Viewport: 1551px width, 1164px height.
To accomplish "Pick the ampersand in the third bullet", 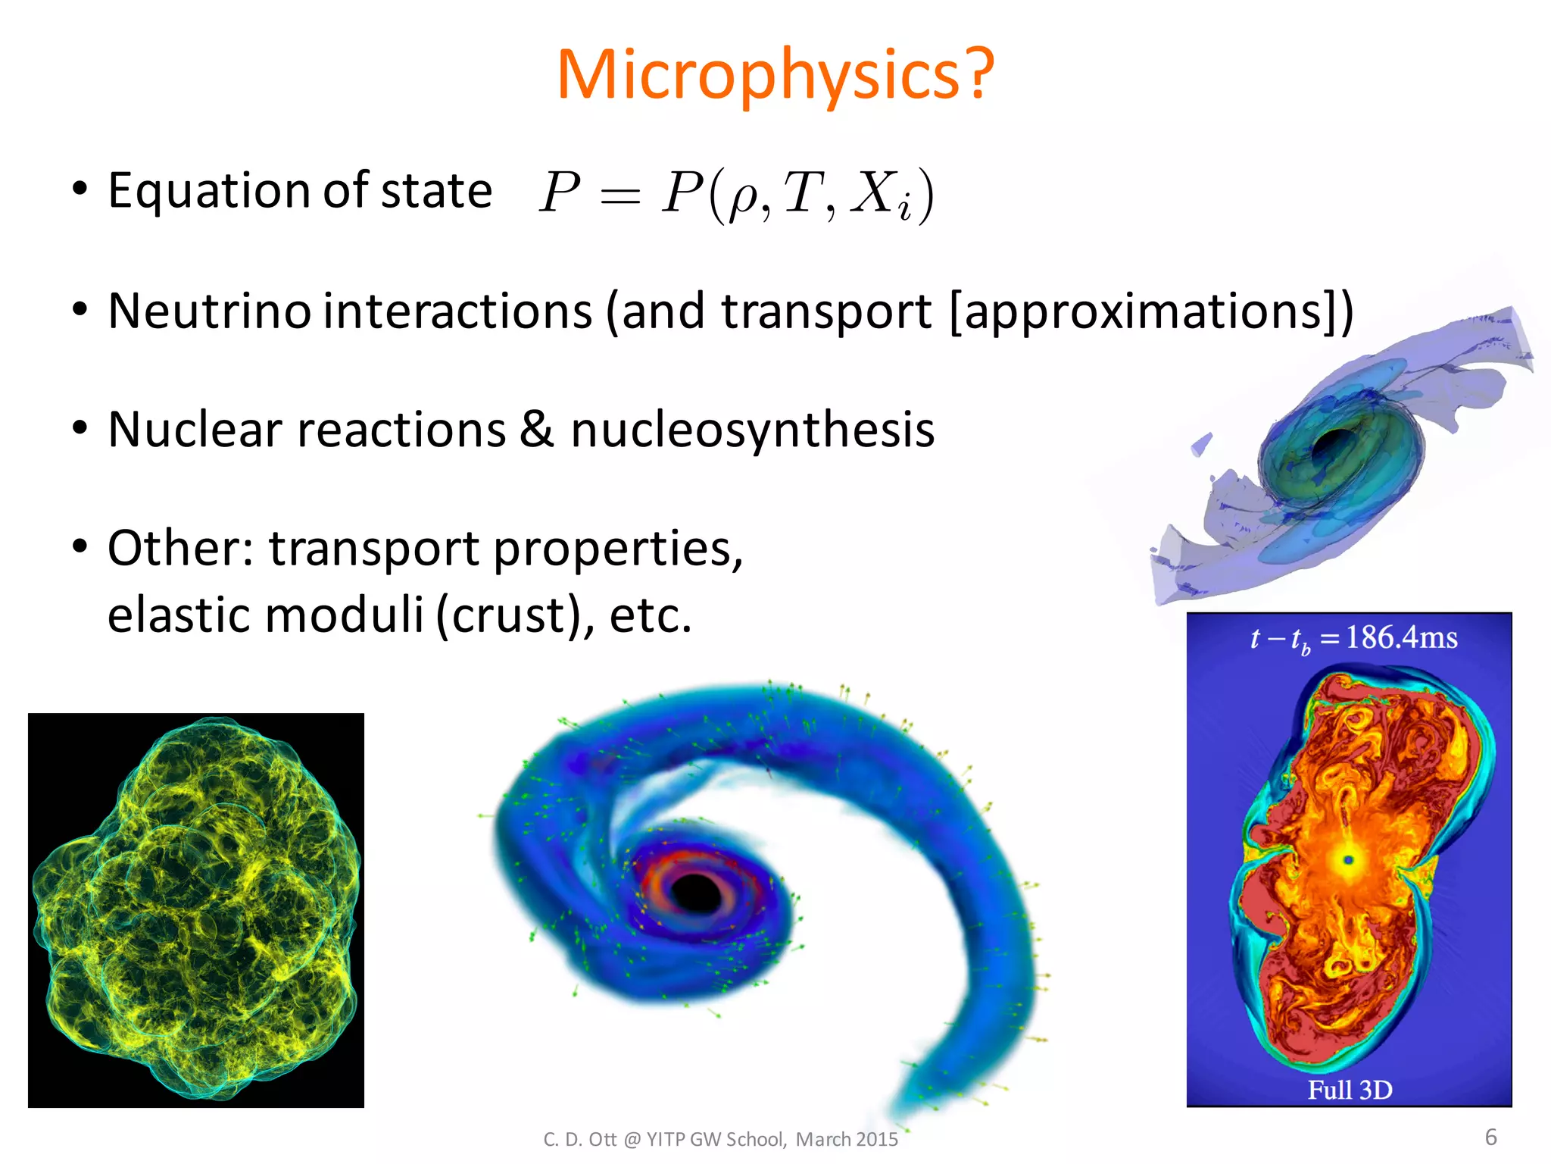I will [536, 429].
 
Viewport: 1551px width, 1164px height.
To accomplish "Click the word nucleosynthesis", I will [752, 430].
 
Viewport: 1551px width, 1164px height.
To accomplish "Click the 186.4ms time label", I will [1401, 637].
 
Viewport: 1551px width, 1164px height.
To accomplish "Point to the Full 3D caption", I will [1350, 1090].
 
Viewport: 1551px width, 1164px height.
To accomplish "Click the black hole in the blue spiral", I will [695, 892].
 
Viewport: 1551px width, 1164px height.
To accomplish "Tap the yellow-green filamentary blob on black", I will [195, 909].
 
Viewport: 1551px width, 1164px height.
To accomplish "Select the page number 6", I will [1490, 1137].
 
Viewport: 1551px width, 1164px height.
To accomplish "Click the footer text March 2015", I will [847, 1139].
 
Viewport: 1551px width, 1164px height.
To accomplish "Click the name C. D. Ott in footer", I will [579, 1139].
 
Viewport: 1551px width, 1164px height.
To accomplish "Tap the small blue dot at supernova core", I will [1348, 859].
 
